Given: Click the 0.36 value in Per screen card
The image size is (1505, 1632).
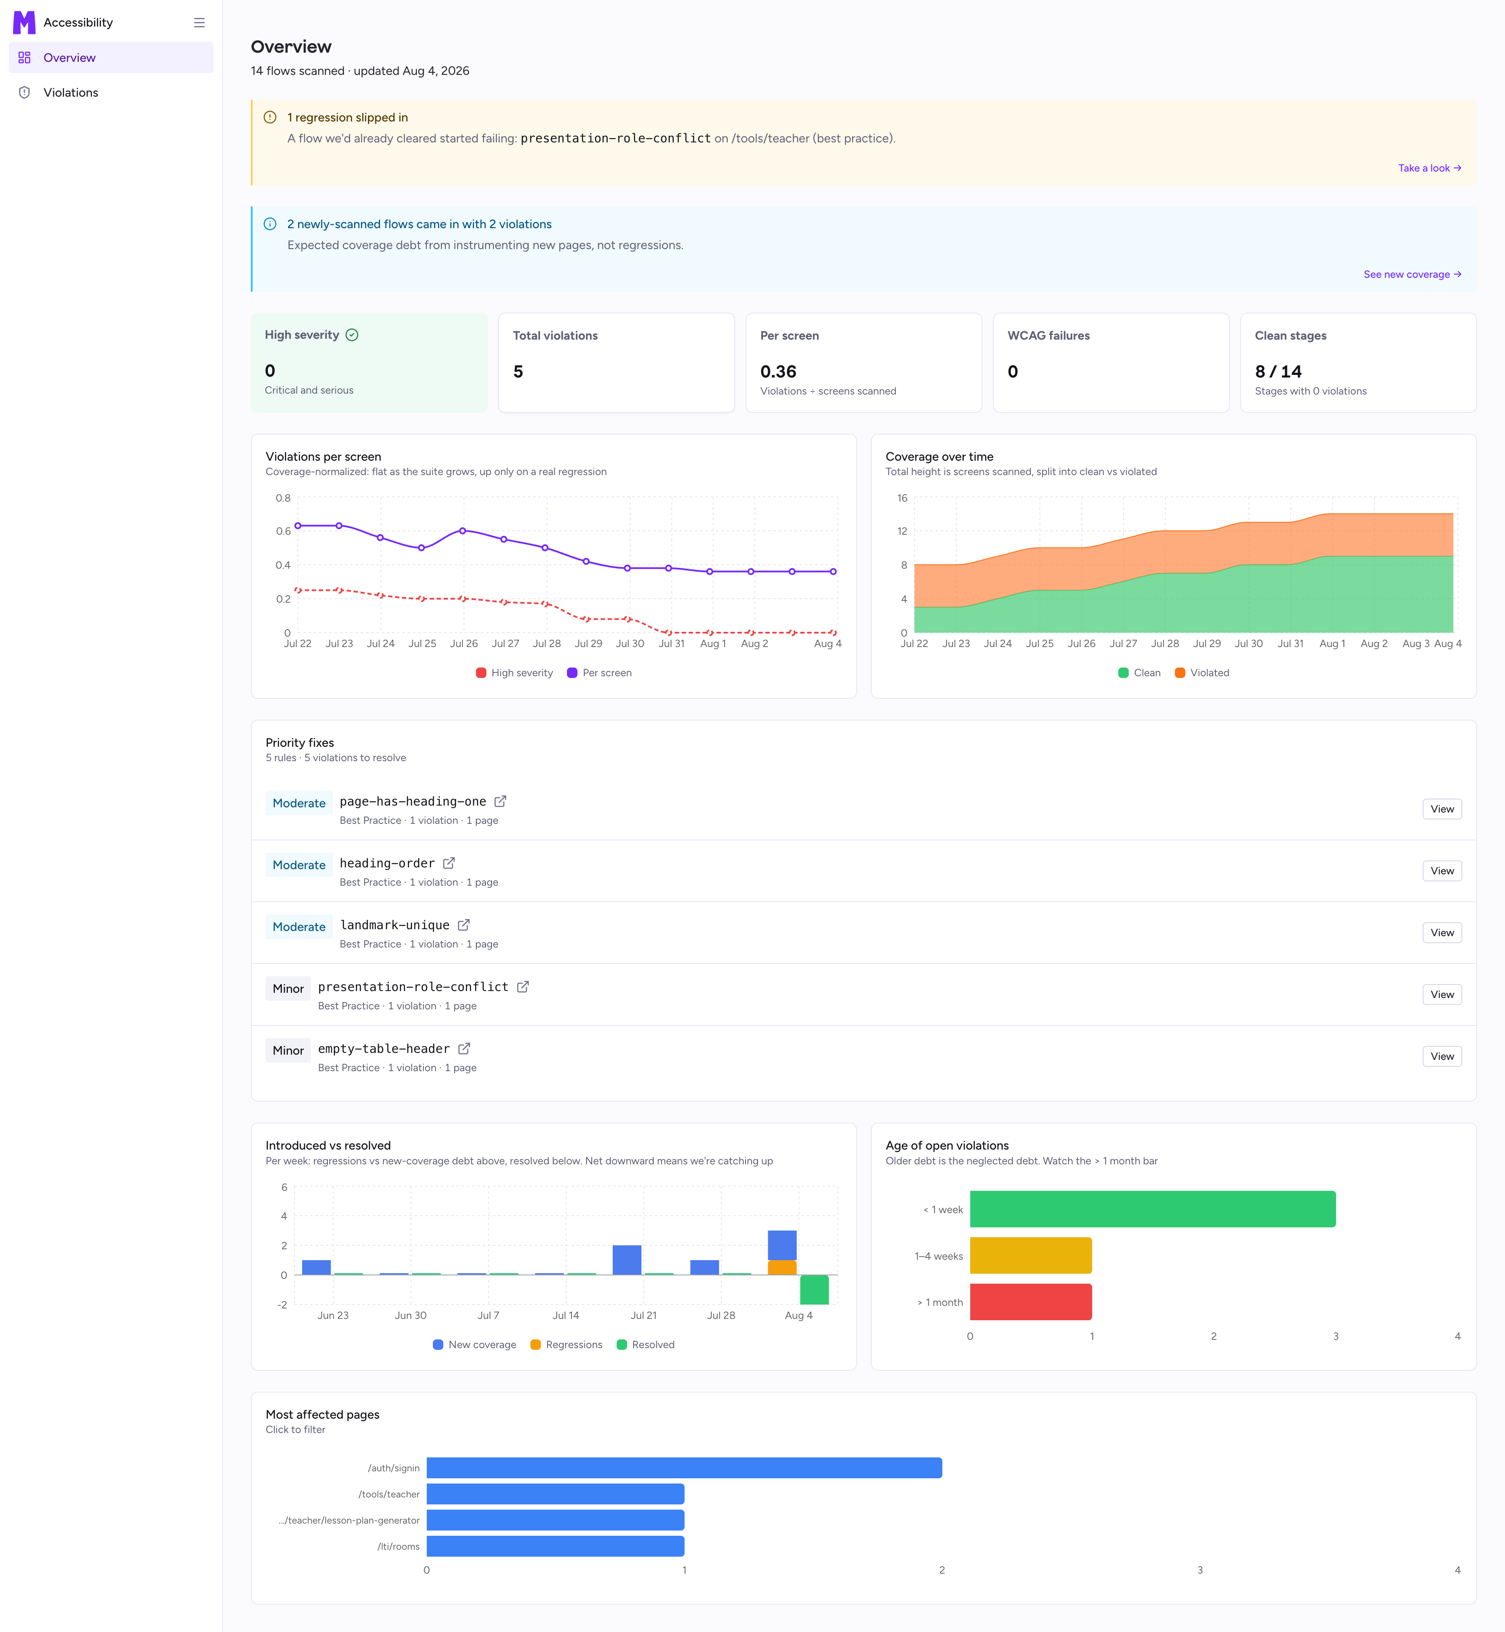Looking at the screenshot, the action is [778, 371].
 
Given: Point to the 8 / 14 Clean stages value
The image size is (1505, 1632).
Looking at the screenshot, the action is [1278, 371].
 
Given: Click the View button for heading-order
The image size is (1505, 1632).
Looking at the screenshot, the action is [1441, 870].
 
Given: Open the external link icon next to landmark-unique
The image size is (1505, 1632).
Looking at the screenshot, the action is [463, 925].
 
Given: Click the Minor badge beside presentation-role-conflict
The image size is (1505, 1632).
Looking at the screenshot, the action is [288, 988].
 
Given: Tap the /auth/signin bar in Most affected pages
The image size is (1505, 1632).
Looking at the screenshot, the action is [684, 1467].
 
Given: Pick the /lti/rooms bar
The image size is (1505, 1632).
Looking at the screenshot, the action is [555, 1546].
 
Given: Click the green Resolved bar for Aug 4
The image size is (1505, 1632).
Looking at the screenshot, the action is [814, 1290].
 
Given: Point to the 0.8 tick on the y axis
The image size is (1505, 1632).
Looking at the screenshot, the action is [283, 498].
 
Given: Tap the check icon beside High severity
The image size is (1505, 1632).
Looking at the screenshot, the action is [352, 335].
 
